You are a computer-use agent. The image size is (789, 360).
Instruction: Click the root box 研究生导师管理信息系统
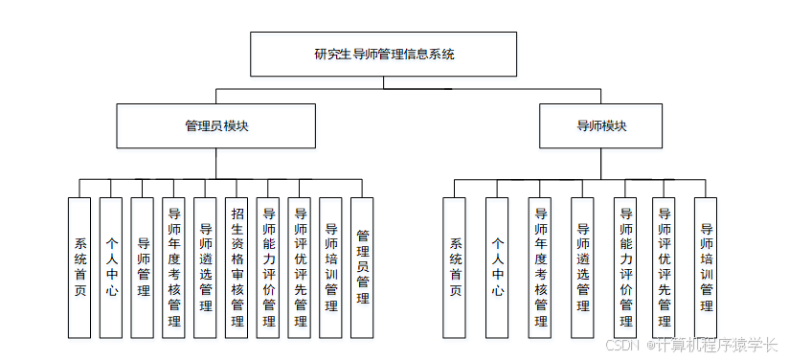(384, 54)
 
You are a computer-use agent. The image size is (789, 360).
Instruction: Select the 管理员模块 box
(216, 125)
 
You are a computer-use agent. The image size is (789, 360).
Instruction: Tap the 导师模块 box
(600, 125)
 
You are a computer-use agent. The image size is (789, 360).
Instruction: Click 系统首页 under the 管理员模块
(80, 267)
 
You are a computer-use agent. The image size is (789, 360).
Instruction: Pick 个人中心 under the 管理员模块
(111, 267)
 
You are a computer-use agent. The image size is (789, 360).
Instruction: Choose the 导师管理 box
(143, 267)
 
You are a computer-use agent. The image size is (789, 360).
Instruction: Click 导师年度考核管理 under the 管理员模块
(173, 267)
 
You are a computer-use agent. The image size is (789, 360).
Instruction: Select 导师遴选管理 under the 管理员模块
(205, 267)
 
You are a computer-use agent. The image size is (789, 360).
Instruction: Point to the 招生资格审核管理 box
(237, 267)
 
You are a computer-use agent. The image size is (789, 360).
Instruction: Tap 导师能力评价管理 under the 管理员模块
(268, 267)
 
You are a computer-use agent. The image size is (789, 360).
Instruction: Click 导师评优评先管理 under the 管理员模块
(300, 267)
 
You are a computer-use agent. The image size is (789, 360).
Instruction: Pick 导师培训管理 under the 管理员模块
(331, 267)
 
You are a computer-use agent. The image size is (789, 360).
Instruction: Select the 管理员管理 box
(362, 267)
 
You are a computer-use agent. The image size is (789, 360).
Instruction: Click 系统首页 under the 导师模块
(455, 267)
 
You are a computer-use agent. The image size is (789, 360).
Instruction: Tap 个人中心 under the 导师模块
(497, 267)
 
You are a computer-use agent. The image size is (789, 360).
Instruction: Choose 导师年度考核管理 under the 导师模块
(540, 267)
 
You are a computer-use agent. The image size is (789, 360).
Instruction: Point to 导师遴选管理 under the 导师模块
(582, 267)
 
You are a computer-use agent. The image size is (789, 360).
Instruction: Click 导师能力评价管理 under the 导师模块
(625, 267)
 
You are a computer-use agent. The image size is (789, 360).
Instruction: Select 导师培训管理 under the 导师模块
(706, 267)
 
